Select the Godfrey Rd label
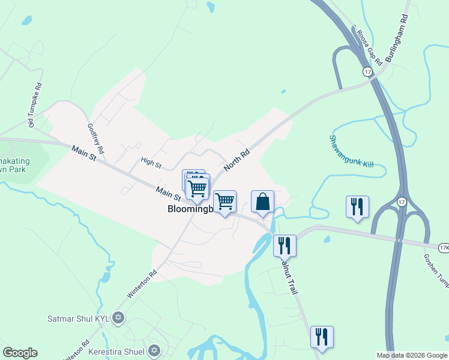click(x=96, y=139)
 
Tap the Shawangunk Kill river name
click(x=351, y=151)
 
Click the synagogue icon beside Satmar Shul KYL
click(x=118, y=317)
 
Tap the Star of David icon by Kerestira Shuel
click(x=154, y=350)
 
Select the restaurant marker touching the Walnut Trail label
click(x=285, y=245)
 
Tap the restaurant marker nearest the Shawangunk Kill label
click(x=357, y=207)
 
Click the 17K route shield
click(x=444, y=247)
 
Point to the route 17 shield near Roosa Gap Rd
click(x=367, y=71)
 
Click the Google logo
click(x=20, y=353)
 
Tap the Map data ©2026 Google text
click(x=412, y=355)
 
